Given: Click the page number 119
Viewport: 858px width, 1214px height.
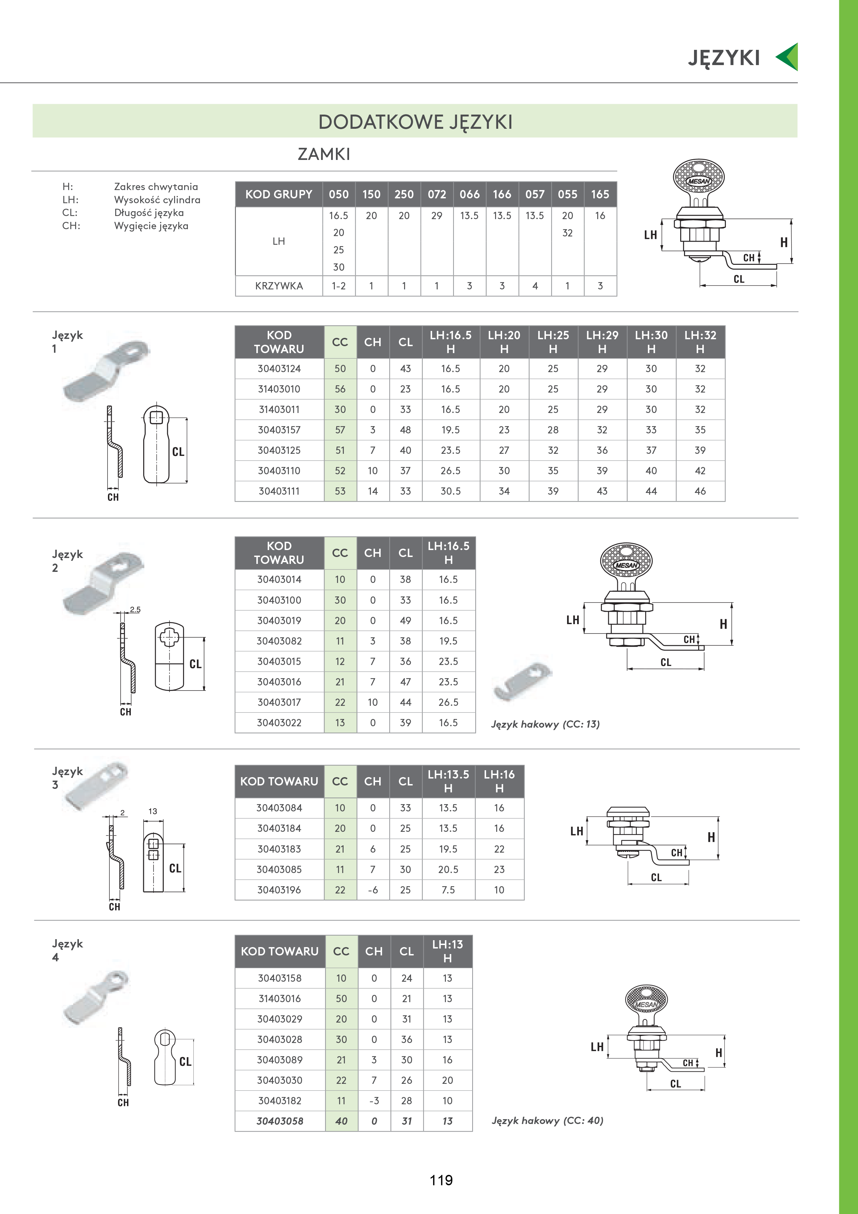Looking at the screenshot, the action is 441,1180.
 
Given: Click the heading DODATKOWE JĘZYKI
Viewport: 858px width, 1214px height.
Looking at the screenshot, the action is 415,122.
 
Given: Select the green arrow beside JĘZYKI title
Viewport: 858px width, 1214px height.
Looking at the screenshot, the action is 787,56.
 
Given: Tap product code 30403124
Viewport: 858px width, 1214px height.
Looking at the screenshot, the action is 279,369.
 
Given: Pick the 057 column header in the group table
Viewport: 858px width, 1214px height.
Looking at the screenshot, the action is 535,194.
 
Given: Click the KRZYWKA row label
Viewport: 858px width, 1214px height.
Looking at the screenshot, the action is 279,286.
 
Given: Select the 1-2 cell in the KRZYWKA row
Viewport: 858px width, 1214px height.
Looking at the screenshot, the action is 339,286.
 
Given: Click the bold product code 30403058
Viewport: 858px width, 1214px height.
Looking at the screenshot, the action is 280,1121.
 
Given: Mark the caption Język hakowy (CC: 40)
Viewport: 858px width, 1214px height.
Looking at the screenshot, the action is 547,1121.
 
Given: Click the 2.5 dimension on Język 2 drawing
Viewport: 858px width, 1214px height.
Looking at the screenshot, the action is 135,610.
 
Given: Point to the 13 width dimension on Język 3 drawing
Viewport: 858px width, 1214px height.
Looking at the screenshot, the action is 153,811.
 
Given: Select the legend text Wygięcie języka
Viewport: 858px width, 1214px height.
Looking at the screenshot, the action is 151,226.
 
